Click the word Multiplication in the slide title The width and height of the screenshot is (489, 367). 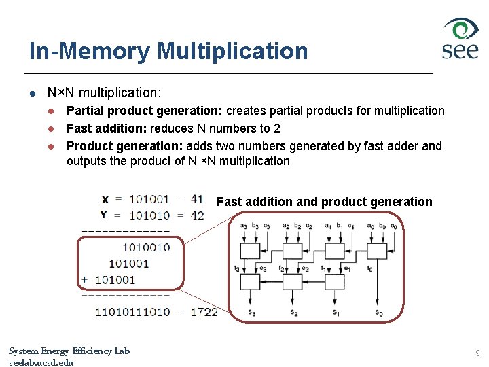tap(232, 51)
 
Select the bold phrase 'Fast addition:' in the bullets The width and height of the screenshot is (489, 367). tap(107, 128)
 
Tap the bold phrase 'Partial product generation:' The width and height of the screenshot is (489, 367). tap(145, 111)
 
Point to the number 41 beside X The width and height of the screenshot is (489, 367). tap(196, 199)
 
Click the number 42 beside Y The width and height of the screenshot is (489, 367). tap(196, 215)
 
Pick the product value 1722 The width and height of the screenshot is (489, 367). tap(204, 311)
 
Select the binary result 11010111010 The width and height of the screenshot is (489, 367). tap(132, 311)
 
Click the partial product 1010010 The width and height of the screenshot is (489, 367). tap(147, 247)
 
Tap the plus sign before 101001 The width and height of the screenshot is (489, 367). tap(84, 279)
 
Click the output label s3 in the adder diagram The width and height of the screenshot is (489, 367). tap(252, 312)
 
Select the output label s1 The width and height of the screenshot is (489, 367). tap(336, 312)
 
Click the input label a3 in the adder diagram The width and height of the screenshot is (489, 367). tap(244, 226)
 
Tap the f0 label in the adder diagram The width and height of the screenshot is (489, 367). tap(369, 269)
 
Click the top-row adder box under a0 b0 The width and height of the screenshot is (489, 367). tap(376, 249)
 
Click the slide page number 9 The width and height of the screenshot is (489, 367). tap(477, 353)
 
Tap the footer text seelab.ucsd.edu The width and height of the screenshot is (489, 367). tap(41, 362)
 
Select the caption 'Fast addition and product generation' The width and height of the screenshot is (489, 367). tap(324, 202)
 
